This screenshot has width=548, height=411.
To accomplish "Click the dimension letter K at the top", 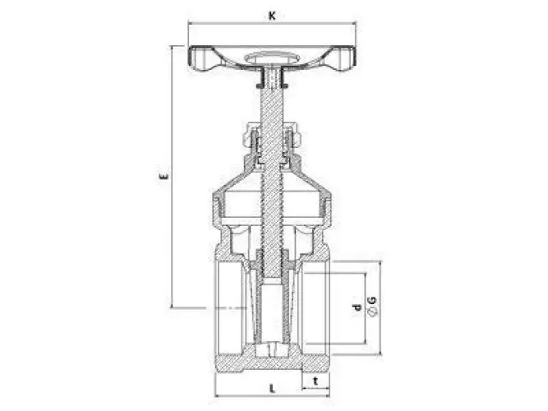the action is click(272, 16).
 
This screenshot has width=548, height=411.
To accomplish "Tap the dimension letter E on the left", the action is click(163, 176).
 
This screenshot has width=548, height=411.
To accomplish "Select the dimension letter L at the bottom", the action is click(272, 389).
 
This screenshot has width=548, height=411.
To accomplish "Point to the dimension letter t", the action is click(315, 381).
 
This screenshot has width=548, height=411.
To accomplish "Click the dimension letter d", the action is click(357, 307).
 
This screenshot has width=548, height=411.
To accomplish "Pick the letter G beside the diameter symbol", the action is click(373, 300).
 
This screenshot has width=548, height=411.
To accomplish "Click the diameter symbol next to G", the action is click(373, 312).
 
